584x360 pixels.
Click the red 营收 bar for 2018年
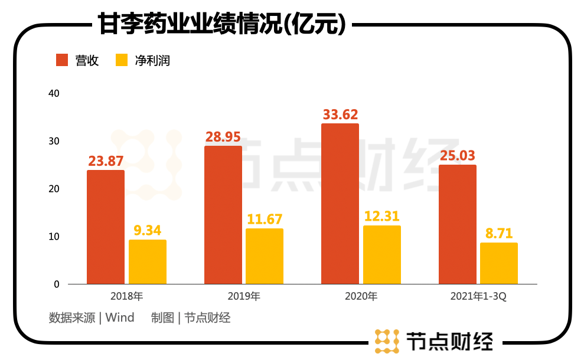coord(106,227)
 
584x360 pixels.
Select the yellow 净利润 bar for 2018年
coord(148,262)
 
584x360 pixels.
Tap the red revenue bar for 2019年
coord(223,215)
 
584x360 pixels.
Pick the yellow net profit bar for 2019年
coord(265,256)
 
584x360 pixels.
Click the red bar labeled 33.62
coord(340,204)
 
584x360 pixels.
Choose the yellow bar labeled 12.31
coord(382,255)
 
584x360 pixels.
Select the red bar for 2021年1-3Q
coord(458,224)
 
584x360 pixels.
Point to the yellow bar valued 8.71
coord(499,263)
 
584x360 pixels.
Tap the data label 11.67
coord(265,220)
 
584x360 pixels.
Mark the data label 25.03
coord(458,156)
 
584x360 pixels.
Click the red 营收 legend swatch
coord(63,60)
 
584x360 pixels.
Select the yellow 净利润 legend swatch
coord(122,60)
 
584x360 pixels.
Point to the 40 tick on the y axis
coord(54,94)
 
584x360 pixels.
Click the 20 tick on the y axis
coord(54,189)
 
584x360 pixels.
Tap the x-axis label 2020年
coord(361,296)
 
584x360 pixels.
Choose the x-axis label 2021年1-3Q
coord(478,296)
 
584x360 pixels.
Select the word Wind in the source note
coord(120,318)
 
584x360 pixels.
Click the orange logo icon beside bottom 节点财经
coord(387,341)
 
